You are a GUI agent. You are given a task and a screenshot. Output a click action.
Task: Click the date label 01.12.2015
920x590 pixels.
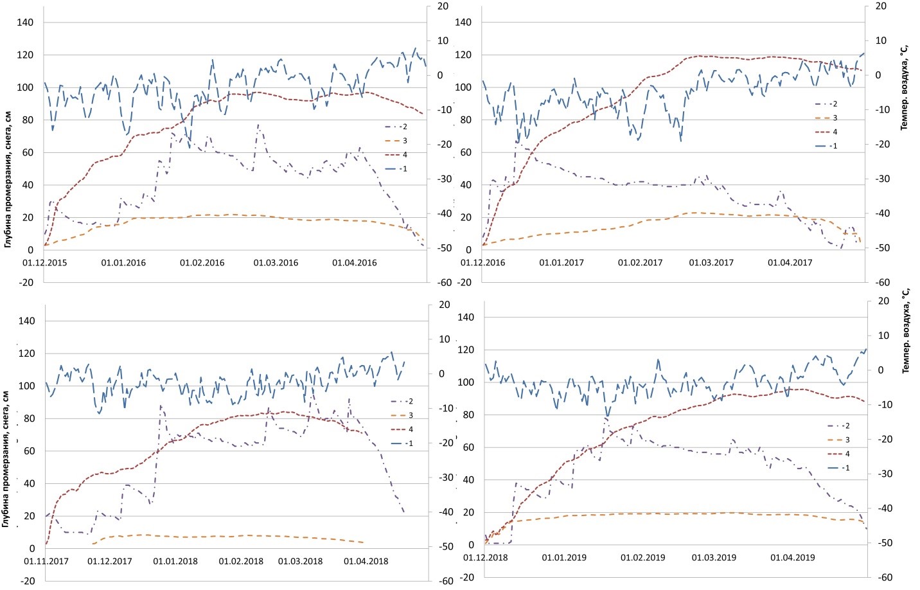click(44, 263)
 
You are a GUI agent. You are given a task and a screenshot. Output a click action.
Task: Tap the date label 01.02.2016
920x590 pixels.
click(202, 263)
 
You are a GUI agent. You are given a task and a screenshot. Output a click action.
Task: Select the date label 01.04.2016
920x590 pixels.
click(354, 263)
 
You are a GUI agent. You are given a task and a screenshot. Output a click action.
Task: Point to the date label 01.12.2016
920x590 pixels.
click(482, 263)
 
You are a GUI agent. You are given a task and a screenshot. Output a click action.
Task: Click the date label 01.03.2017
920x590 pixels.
click(711, 263)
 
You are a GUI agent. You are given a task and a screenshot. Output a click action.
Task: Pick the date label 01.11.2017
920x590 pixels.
click(46, 562)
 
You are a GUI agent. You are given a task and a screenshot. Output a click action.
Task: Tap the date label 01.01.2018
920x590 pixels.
click(175, 562)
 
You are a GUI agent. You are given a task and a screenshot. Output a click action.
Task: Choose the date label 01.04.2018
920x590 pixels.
click(366, 562)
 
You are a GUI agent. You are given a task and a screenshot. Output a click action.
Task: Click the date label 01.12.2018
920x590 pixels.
click(485, 558)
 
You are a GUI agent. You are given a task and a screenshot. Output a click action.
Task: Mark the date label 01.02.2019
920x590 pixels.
click(642, 558)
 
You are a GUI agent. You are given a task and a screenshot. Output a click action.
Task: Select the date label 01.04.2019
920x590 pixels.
click(792, 558)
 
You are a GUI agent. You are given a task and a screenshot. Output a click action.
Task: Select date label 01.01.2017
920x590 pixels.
click(561, 263)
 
